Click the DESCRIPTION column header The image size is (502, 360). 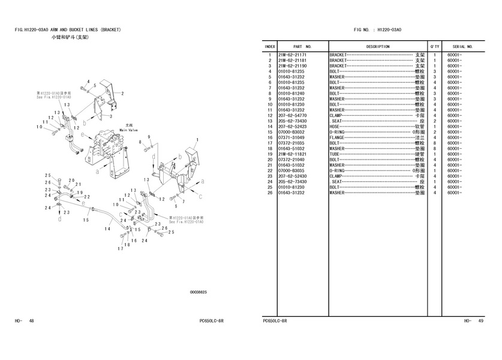pos(378,46)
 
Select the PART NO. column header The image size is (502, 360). pos(302,46)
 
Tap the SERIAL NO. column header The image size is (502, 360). pos(463,46)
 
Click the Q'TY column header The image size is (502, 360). pos(434,46)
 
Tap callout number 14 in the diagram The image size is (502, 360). pos(108,229)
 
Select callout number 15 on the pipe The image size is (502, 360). pos(86,220)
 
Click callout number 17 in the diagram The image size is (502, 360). pos(120,249)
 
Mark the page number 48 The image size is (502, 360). pos(31,321)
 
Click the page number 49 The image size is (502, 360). pos(480,321)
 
